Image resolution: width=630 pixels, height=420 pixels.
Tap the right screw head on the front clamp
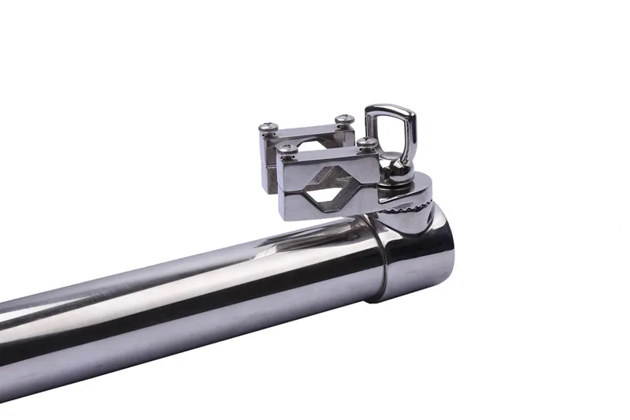coord(365,143)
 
